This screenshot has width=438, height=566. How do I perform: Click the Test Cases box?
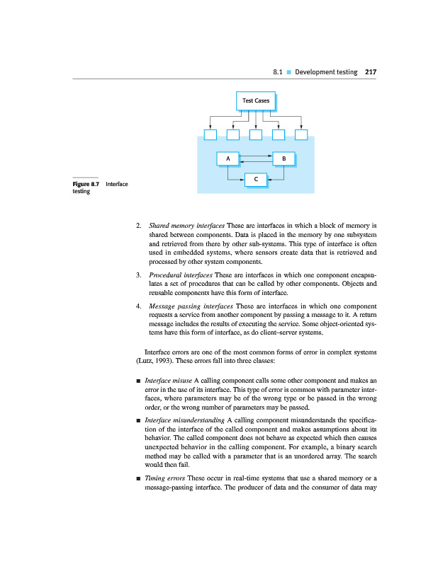[x=256, y=101]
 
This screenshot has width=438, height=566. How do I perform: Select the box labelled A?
[x=228, y=158]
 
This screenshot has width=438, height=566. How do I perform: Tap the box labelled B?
[x=283, y=158]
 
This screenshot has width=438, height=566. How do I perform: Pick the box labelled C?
[x=255, y=180]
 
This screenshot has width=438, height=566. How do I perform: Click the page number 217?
[x=370, y=72]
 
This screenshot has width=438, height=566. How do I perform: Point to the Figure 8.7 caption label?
[x=85, y=184]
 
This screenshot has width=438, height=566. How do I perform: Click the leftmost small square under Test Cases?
[x=210, y=134]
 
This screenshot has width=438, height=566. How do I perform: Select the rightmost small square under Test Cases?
[x=301, y=134]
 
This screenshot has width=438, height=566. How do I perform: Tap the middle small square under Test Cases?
[x=256, y=134]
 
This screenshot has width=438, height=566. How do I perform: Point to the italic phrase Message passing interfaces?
[x=186, y=306]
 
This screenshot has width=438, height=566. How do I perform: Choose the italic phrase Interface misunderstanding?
[x=186, y=421]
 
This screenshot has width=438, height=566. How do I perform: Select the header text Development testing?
[x=326, y=72]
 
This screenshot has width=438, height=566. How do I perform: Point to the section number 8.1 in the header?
[x=279, y=72]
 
